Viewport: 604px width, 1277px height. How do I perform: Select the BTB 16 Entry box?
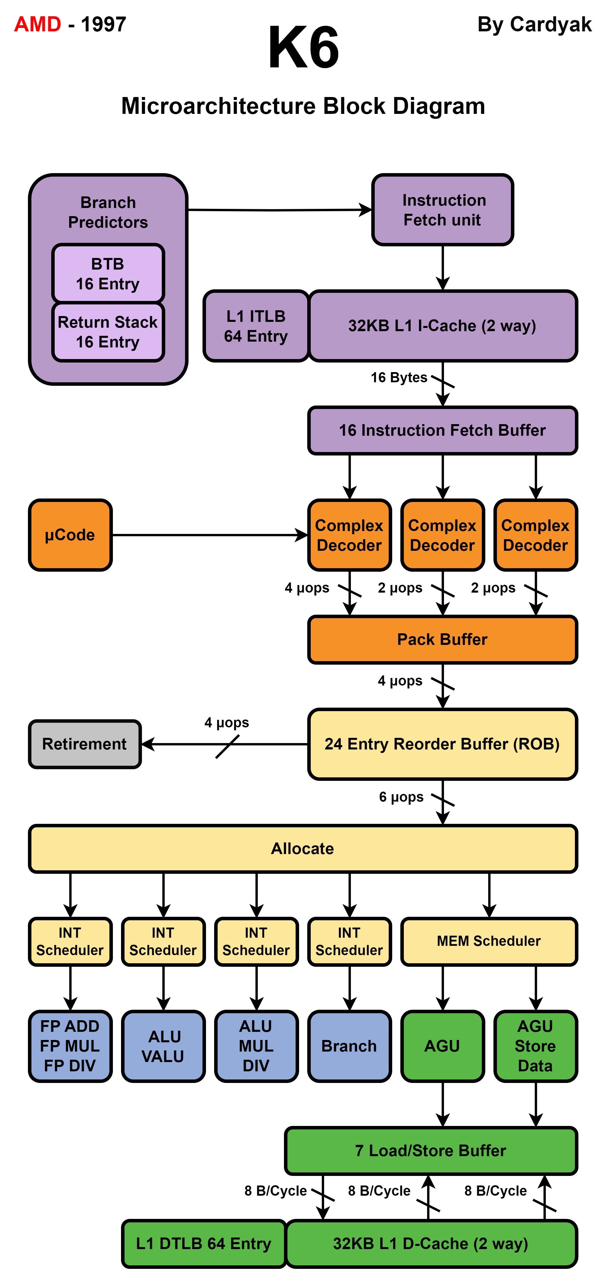coord(108,274)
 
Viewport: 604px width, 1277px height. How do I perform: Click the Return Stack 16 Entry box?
coord(108,332)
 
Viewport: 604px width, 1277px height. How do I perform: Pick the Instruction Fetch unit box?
coord(442,210)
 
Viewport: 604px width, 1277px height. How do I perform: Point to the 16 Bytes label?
coord(399,378)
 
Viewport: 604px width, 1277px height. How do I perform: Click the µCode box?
coord(70,535)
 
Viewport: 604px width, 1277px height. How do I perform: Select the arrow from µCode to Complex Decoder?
coord(208,535)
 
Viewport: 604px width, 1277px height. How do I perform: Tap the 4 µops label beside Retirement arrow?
coord(227,723)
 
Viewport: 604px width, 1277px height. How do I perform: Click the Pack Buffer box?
coord(442,639)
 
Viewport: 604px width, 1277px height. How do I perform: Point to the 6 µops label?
coord(401,797)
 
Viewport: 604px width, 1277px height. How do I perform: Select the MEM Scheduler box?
coord(489,941)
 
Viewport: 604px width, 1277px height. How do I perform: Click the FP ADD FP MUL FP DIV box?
coord(70,1046)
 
